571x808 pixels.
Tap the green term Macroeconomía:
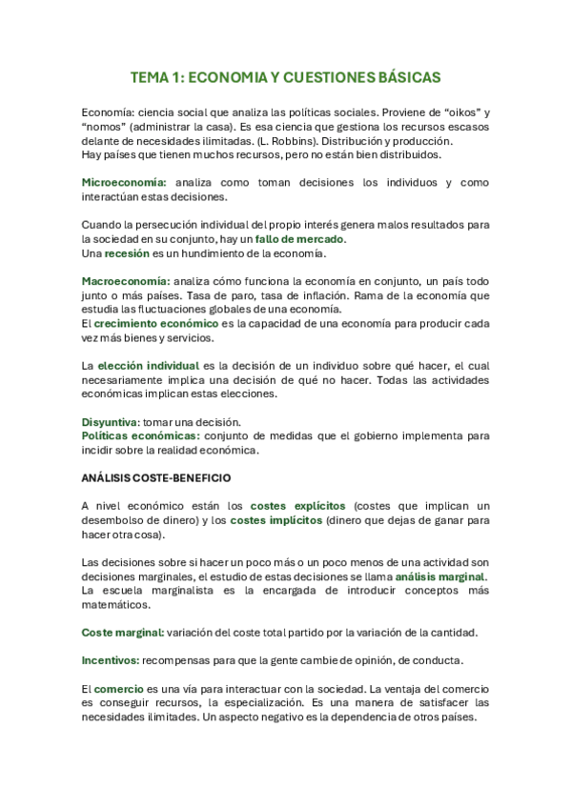(126, 281)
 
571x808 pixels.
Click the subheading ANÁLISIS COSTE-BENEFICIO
(156, 476)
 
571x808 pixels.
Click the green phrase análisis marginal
(440, 576)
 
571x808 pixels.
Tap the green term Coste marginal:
(123, 632)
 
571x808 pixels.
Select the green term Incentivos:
(112, 659)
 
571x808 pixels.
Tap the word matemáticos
(117, 604)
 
